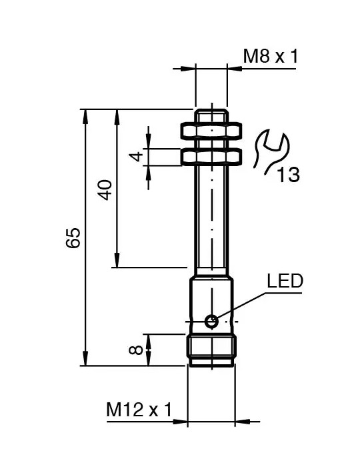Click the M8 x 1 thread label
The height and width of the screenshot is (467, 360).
tap(269, 56)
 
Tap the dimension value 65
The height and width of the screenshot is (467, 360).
tap(74, 238)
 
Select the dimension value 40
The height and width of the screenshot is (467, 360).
tap(105, 189)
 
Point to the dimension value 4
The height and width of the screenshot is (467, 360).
tap(137, 157)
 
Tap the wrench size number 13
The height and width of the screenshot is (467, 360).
tap(288, 175)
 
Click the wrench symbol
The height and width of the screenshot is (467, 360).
tap(269, 151)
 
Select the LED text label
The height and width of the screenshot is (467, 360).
tap(285, 281)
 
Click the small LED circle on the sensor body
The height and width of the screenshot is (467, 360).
tap(211, 321)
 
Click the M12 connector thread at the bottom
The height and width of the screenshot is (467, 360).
tap(211, 350)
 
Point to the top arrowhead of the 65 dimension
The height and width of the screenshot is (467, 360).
tap(85, 115)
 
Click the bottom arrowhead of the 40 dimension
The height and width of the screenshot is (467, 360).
tap(117, 262)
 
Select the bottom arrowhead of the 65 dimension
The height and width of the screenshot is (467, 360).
tap(85, 359)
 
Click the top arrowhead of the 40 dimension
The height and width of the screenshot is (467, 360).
tap(117, 115)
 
